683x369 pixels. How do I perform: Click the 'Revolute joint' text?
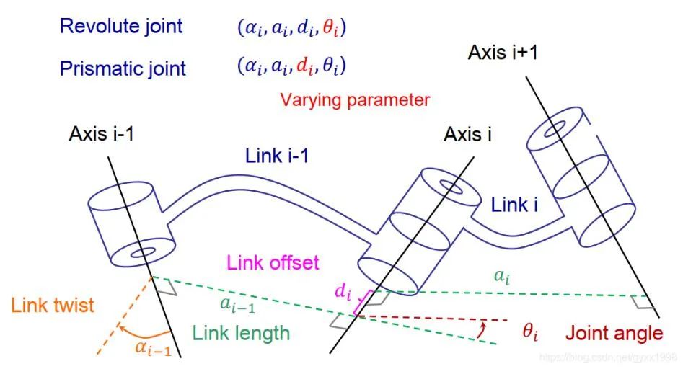(x=121, y=27)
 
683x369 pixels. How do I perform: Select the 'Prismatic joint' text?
(x=123, y=68)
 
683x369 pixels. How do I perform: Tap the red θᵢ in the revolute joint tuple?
(x=330, y=29)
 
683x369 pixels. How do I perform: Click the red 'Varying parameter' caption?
(x=355, y=100)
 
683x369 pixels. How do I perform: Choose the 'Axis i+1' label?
(x=503, y=53)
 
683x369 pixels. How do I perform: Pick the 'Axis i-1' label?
(x=102, y=133)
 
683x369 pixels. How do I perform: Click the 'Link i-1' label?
(x=277, y=156)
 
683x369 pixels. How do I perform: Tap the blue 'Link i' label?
(x=514, y=205)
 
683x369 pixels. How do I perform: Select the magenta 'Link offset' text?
(x=273, y=263)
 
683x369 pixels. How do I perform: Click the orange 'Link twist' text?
(x=53, y=305)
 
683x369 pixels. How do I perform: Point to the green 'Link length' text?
(x=242, y=333)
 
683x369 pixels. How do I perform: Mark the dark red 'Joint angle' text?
(x=614, y=334)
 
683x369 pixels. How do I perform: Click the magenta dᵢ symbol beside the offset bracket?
(x=343, y=291)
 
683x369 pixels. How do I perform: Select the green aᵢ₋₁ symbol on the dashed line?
(x=238, y=305)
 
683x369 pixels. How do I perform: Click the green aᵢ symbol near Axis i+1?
(x=502, y=277)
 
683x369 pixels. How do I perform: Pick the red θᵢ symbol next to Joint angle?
(x=530, y=332)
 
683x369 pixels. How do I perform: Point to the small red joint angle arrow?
(x=481, y=330)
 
